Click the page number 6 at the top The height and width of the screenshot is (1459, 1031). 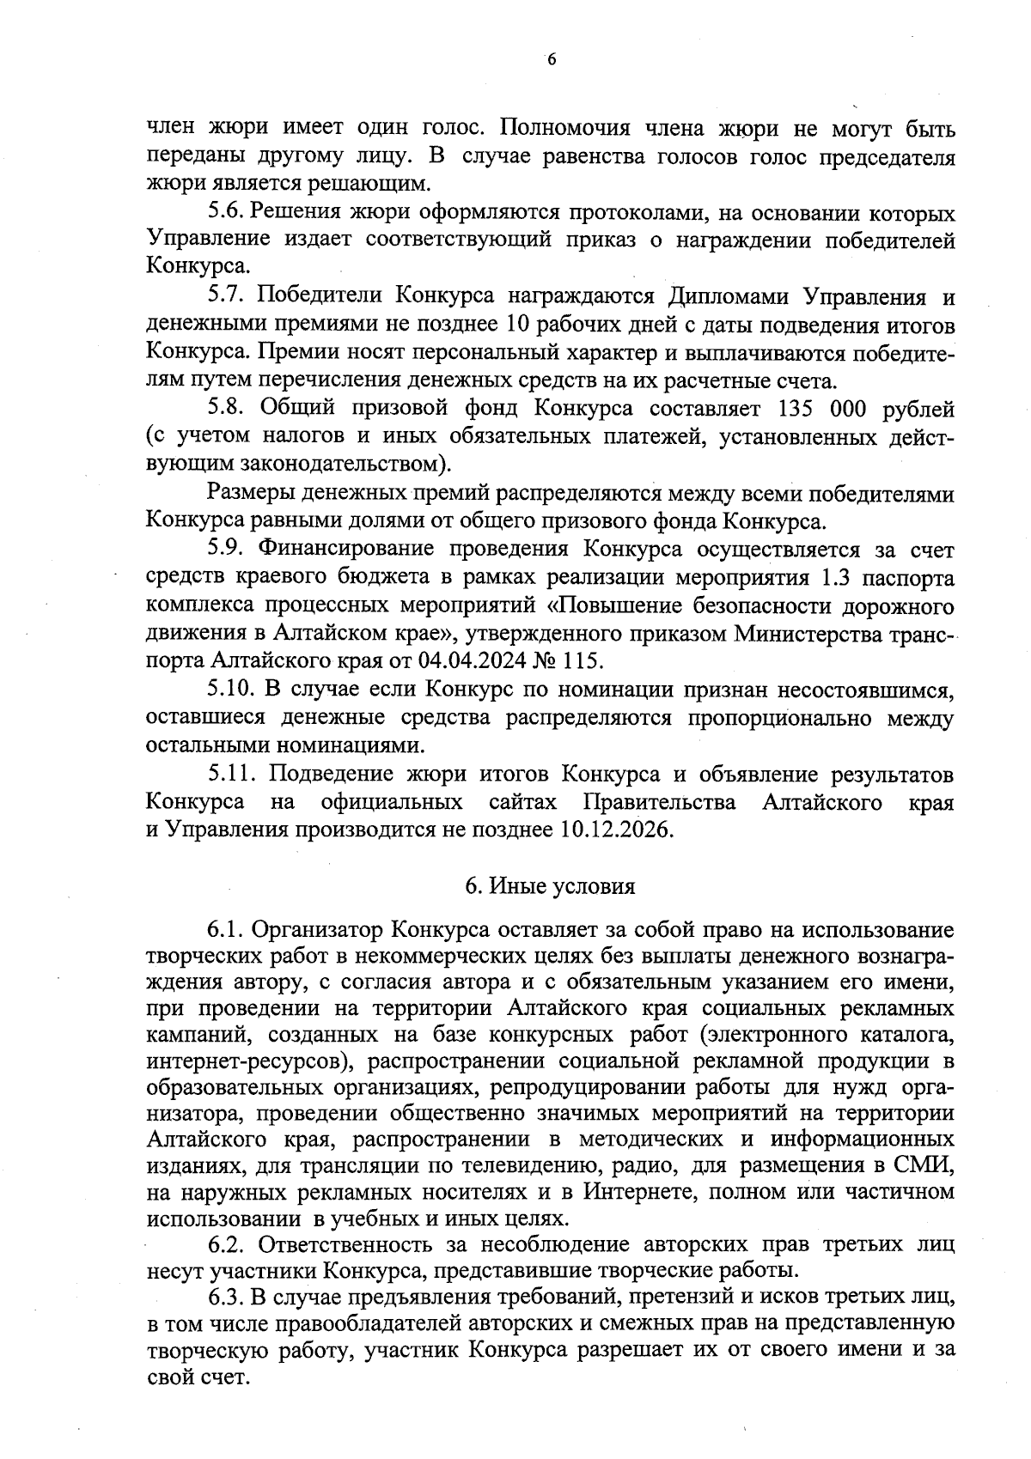click(552, 59)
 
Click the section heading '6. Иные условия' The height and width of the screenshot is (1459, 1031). click(550, 886)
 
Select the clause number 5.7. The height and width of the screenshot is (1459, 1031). click(228, 296)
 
